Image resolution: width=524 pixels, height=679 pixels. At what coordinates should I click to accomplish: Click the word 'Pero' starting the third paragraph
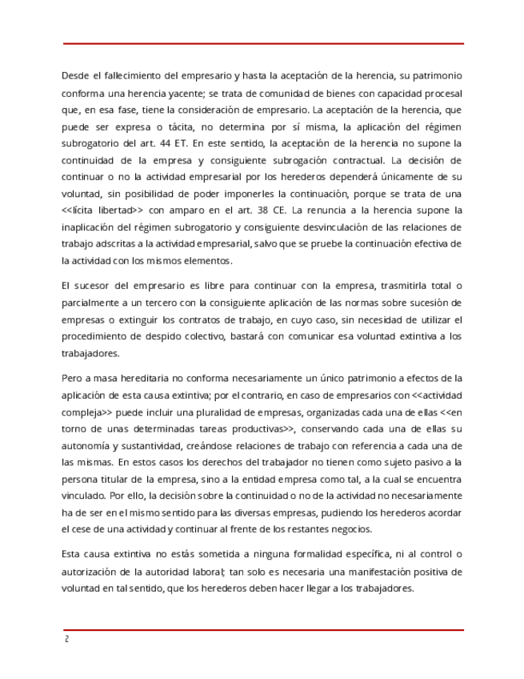tap(72, 378)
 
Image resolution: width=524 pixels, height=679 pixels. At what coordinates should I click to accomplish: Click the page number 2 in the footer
tap(66, 640)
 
